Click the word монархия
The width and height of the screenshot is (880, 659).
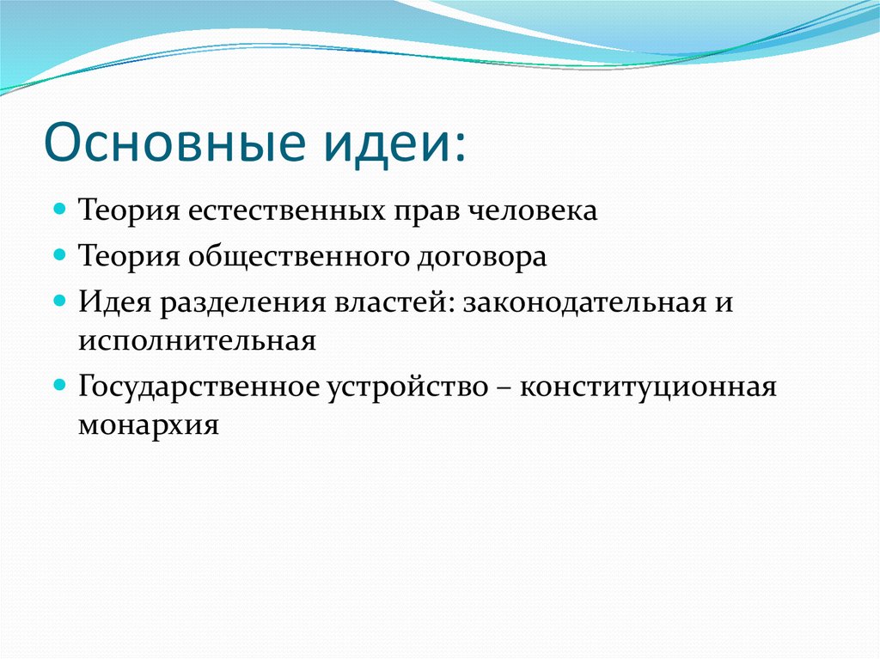coord(149,425)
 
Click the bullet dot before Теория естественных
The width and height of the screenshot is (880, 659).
coord(59,210)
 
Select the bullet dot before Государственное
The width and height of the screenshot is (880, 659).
coord(59,386)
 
